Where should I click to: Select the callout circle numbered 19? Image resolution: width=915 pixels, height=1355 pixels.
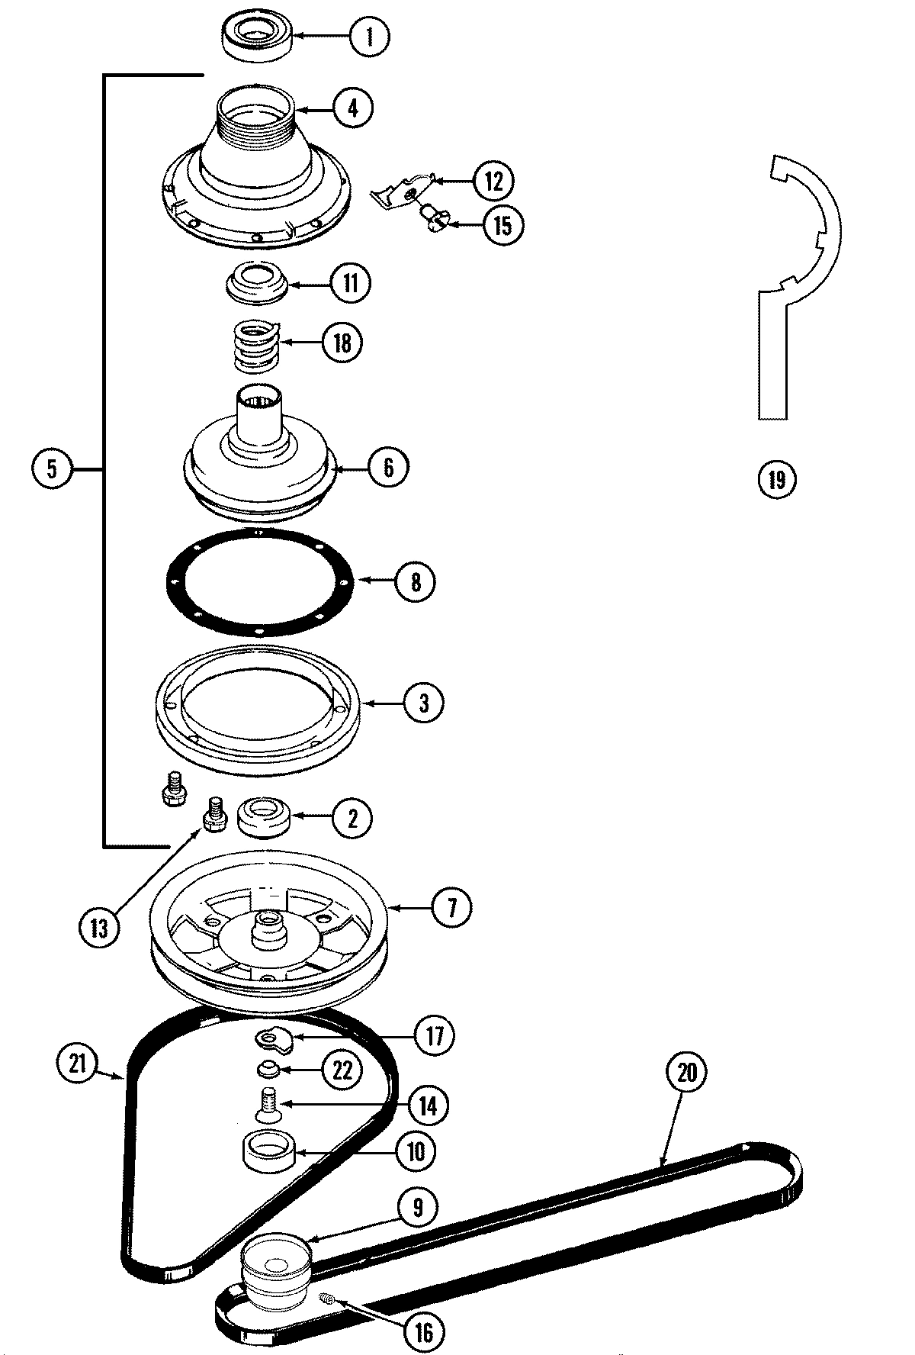pos(777,480)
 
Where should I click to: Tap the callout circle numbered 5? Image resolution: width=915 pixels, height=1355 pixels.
pos(52,468)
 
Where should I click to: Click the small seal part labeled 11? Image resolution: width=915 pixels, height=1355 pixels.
pos(258,282)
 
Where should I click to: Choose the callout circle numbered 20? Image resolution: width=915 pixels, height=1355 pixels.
pos(687,1073)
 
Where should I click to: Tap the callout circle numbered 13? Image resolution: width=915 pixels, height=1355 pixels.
pos(100,928)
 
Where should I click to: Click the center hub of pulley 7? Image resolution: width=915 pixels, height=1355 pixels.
pos(267,925)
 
